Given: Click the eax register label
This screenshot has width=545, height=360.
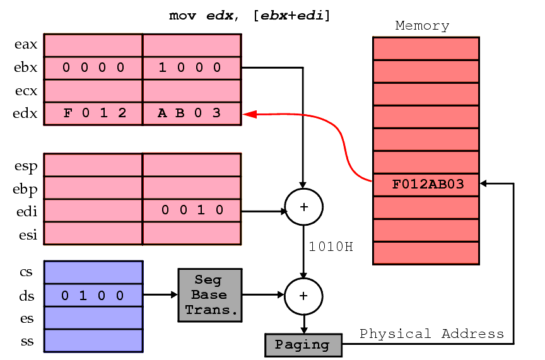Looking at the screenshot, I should point(26,45).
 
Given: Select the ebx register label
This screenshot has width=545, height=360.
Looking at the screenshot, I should point(26,67).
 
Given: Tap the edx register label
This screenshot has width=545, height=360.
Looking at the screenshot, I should point(26,113).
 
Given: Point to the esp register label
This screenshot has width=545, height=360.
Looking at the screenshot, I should point(26,166).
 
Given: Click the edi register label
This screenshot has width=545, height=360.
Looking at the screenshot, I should point(26,211).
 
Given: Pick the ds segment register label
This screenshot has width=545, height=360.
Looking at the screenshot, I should point(27,296).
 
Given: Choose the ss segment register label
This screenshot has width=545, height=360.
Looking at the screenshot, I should point(27,342).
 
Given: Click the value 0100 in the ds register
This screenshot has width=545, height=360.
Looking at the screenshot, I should point(93,296).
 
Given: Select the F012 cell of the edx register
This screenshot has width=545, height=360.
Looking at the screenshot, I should point(95,113).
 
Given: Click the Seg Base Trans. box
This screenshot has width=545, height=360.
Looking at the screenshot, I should point(209,295).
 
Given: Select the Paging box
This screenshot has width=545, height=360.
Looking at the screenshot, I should point(303,345).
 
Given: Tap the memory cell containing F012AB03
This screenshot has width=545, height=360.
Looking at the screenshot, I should point(426,185).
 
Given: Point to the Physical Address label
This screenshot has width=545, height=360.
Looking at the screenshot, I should point(431,334).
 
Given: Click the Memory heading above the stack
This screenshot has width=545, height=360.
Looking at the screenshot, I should point(422,26).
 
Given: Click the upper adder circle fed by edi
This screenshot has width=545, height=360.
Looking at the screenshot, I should point(303,206).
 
